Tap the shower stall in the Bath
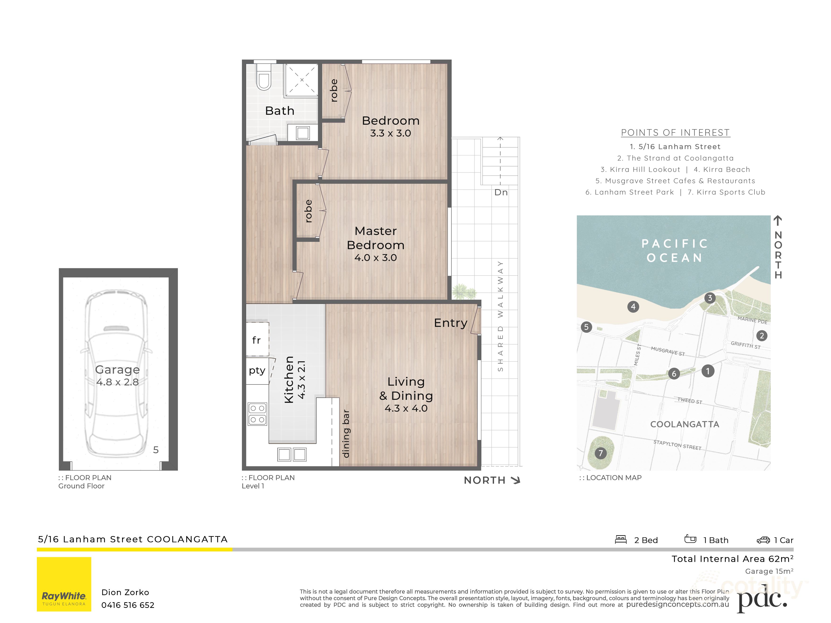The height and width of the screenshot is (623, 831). [301, 80]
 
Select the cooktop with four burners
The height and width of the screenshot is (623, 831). [257, 414]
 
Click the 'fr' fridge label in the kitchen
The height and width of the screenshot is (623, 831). [256, 340]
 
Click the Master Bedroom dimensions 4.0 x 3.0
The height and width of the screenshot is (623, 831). [375, 258]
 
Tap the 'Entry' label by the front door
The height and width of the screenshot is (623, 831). [450, 323]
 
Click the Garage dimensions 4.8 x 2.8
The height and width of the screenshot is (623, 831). [118, 382]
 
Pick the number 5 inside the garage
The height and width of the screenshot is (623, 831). [156, 450]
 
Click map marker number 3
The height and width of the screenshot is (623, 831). [710, 298]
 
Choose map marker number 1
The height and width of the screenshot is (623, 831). [708, 371]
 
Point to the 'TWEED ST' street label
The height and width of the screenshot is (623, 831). [690, 401]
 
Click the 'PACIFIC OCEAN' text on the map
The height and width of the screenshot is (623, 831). [675, 251]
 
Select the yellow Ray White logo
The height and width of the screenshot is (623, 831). [64, 584]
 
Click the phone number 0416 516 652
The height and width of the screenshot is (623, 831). [128, 605]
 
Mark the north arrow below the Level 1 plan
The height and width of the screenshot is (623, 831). [516, 480]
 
